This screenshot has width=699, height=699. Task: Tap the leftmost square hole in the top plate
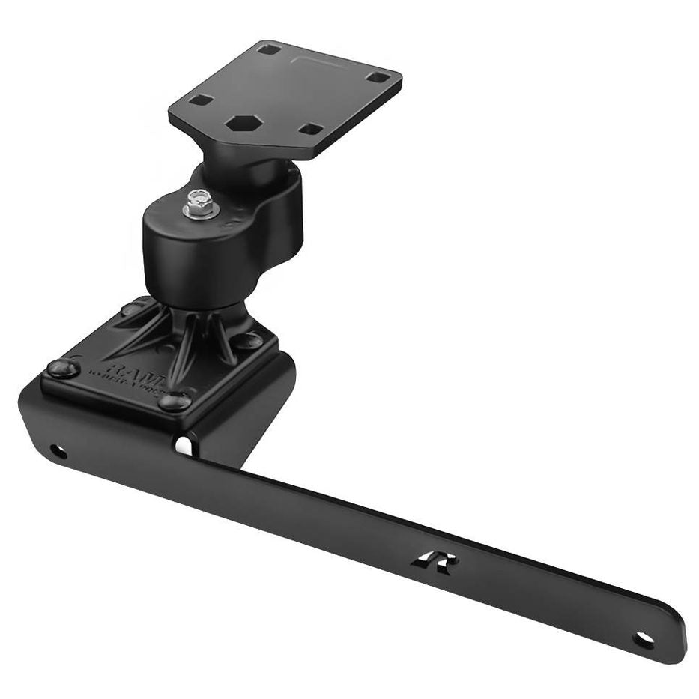[201, 100]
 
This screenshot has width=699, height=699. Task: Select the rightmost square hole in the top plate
[380, 76]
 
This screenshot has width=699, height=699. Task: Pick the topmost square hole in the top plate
[272, 49]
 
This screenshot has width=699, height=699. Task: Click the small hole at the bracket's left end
[56, 452]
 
